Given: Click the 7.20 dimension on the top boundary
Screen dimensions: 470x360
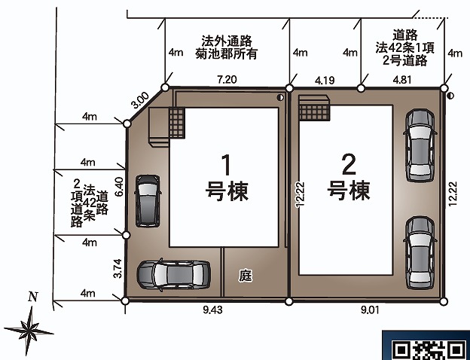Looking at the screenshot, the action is pos(227,79).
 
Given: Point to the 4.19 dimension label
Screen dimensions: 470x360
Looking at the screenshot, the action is pos(325,80).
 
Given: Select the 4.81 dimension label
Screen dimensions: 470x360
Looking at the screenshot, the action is pos(402,80).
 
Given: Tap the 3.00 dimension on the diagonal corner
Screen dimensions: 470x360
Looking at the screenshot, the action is pos(141,100).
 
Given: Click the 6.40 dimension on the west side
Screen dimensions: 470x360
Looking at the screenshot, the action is pos(119,187).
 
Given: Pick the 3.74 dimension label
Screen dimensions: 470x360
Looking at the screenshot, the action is pos(118,268).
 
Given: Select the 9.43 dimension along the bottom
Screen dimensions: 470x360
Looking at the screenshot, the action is pos(213,310).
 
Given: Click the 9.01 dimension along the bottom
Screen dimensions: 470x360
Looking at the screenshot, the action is pos(370,310).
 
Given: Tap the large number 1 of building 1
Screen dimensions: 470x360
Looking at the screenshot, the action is pos(226,165).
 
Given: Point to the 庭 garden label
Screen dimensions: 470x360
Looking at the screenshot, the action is pos(246,276).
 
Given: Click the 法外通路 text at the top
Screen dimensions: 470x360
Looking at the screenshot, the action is pos(227,41).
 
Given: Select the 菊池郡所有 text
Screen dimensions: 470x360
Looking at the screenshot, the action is pos(226,54).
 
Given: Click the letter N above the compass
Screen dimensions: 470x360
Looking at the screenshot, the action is pos(33,297).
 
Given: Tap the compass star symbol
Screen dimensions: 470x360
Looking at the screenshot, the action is pos(29,331).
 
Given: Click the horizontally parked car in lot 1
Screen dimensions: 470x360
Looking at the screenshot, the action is pos(173,275).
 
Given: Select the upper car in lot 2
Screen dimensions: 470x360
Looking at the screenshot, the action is pos(420,145).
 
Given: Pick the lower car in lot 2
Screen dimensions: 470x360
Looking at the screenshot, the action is pos(420,253).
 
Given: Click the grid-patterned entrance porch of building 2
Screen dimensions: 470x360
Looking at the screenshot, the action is pos(314,108).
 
